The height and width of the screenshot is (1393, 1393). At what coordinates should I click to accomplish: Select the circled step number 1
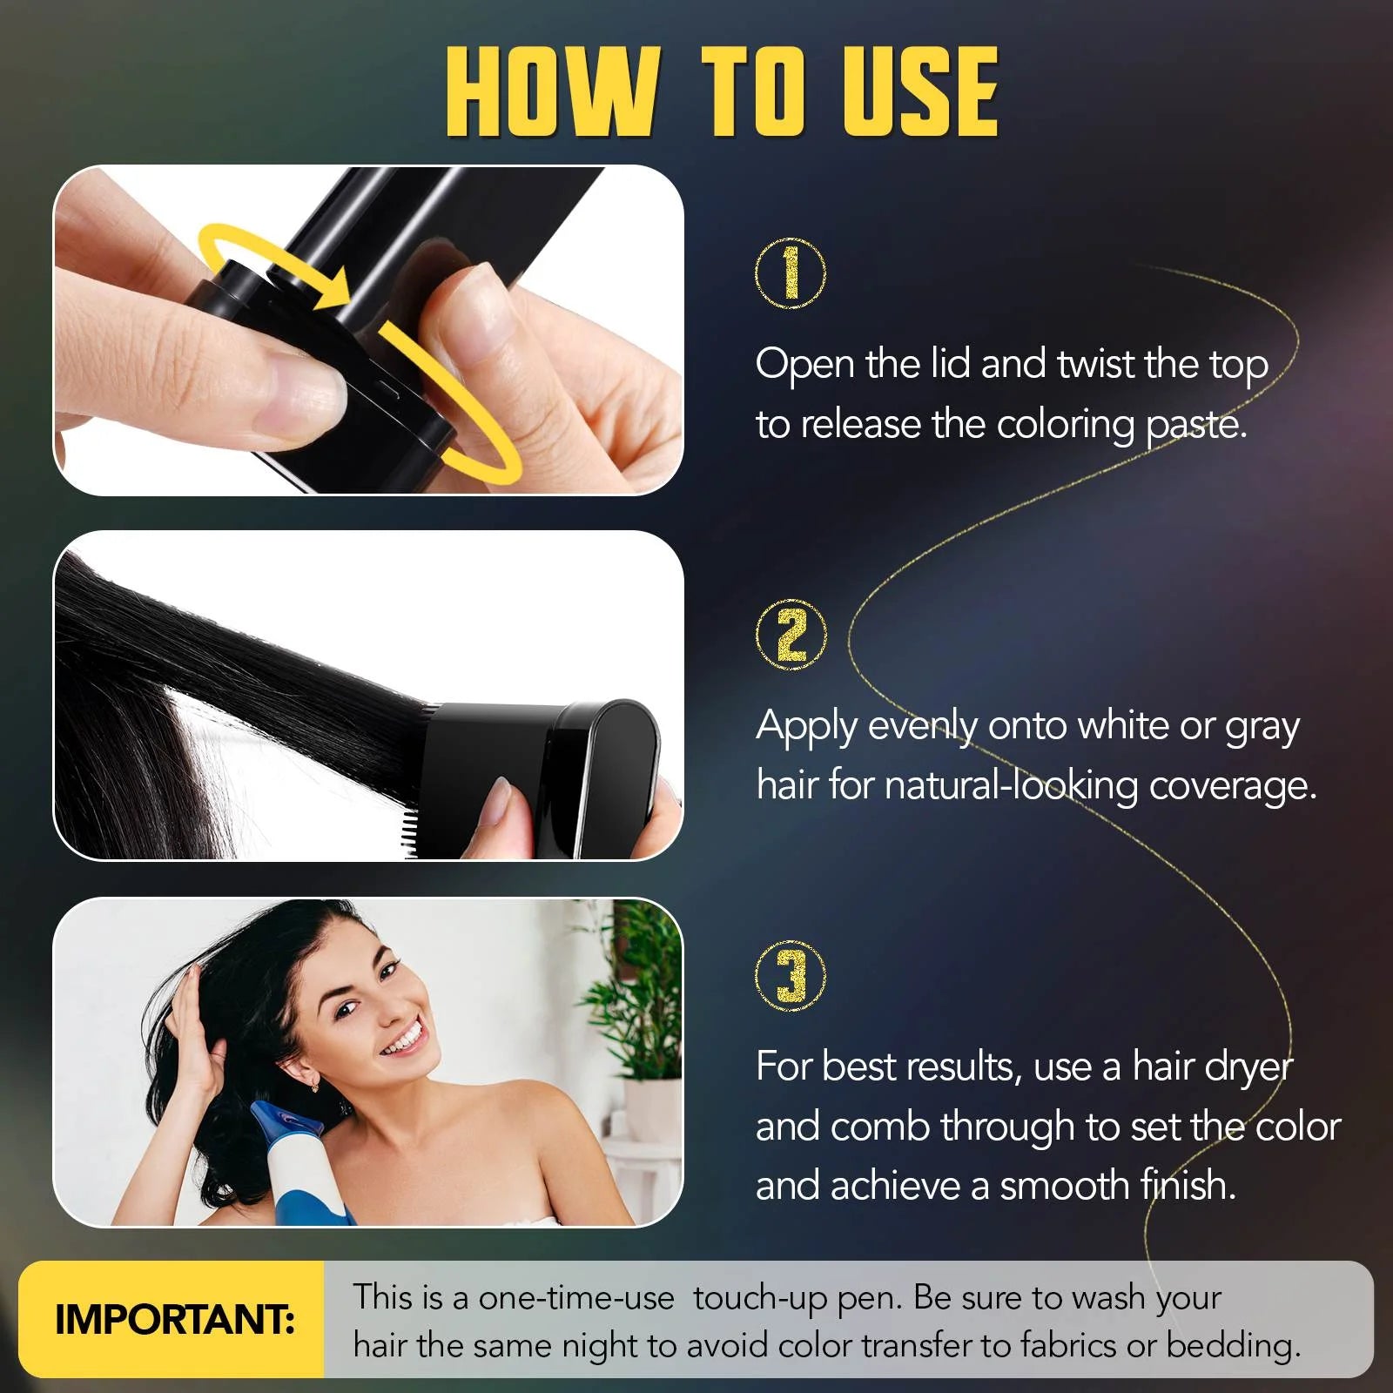[790, 273]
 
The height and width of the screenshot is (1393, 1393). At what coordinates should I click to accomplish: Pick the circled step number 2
[791, 635]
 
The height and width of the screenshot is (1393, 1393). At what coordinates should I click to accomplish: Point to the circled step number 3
[791, 976]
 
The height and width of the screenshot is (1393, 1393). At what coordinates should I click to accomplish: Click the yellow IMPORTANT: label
[174, 1320]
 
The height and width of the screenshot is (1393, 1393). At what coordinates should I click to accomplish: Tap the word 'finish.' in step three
[1188, 1186]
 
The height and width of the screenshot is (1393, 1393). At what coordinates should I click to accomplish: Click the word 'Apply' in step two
[807, 726]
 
